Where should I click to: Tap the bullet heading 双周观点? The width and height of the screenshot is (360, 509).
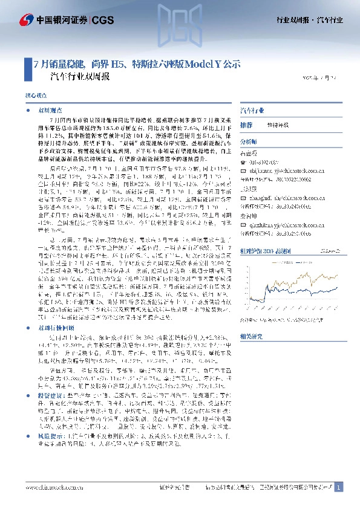click(48, 112)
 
